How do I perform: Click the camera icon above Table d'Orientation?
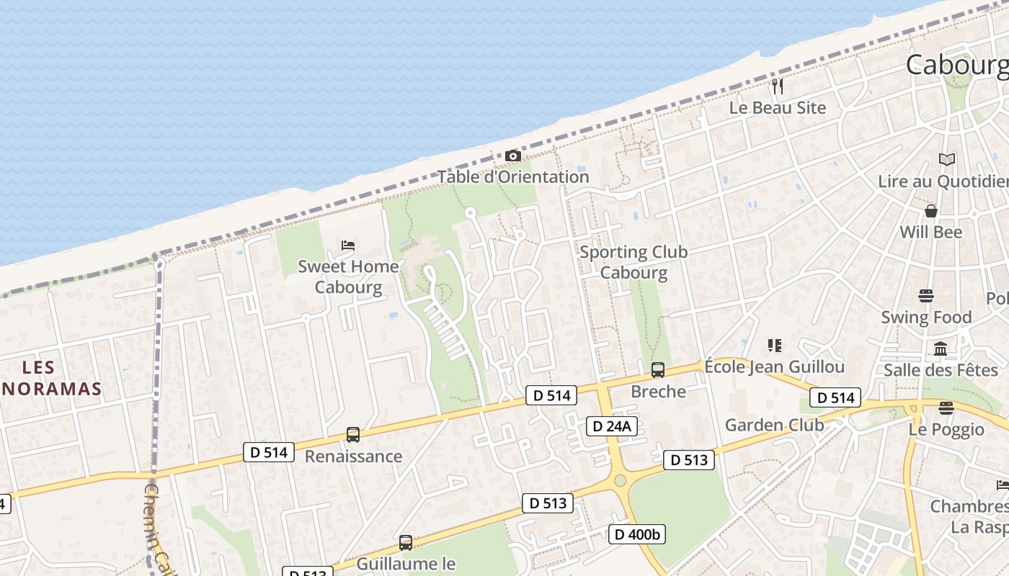(512, 156)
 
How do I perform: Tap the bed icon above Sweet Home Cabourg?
(348, 246)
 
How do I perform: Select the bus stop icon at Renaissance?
(352, 435)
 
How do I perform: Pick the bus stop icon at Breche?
(657, 370)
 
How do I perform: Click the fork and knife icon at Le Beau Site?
(777, 86)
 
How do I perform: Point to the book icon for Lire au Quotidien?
(946, 160)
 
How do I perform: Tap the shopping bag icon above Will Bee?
(931, 211)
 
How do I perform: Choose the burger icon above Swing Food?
(926, 296)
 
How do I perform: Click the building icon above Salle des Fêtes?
(941, 349)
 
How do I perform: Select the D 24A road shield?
(611, 426)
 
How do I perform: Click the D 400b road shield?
(637, 534)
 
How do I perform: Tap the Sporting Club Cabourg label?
(634, 262)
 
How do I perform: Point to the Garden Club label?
(774, 425)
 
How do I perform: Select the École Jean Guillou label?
(774, 366)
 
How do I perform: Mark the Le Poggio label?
(946, 429)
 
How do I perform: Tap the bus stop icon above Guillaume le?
(406, 543)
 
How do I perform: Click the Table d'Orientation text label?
(513, 176)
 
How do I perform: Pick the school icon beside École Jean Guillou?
(775, 346)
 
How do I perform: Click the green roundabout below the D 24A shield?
(620, 480)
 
